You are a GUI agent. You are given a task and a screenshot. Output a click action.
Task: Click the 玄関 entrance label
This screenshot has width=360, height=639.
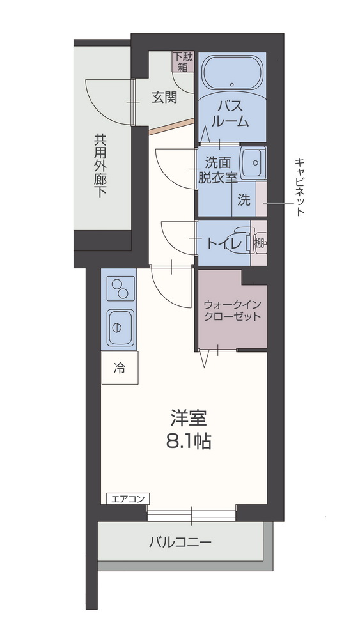pyautogui.click(x=164, y=98)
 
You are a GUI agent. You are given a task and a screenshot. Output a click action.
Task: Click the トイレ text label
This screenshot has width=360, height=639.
pyautogui.click(x=223, y=243)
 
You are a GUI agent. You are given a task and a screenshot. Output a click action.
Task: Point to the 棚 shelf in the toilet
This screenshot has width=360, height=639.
pyautogui.click(x=259, y=243)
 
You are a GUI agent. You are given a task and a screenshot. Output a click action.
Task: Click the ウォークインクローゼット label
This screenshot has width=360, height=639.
pyautogui.click(x=232, y=310)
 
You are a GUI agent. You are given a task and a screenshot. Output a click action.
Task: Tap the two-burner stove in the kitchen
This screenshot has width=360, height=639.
pyautogui.click(x=120, y=288)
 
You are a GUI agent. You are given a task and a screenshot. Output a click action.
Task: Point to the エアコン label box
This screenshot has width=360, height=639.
pyautogui.click(x=127, y=498)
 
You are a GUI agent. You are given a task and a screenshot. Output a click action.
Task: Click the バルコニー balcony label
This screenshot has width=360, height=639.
pyautogui.click(x=180, y=543)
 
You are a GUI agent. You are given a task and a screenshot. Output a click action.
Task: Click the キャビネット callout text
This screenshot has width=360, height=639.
pyautogui.click(x=299, y=187)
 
